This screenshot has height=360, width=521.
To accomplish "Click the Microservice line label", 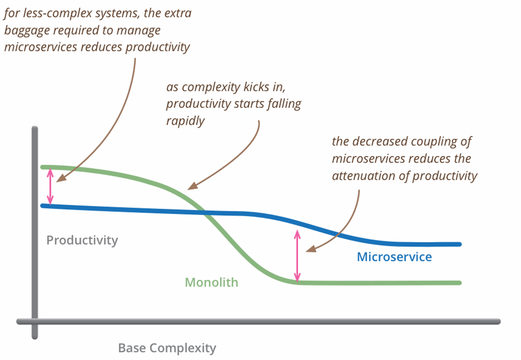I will (x=394, y=257).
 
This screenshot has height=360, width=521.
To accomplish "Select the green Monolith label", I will (x=211, y=282).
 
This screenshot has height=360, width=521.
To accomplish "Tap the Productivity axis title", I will (x=82, y=240).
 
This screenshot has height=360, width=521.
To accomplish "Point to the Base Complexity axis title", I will (x=167, y=348).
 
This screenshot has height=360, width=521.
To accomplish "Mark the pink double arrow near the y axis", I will (x=50, y=186).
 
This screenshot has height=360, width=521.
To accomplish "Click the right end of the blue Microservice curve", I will (x=459, y=244).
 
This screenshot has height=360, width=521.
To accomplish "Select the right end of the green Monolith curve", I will (x=459, y=283).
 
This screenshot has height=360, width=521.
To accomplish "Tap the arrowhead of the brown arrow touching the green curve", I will (x=190, y=187).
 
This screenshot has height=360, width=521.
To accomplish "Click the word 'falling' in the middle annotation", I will (x=283, y=104).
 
